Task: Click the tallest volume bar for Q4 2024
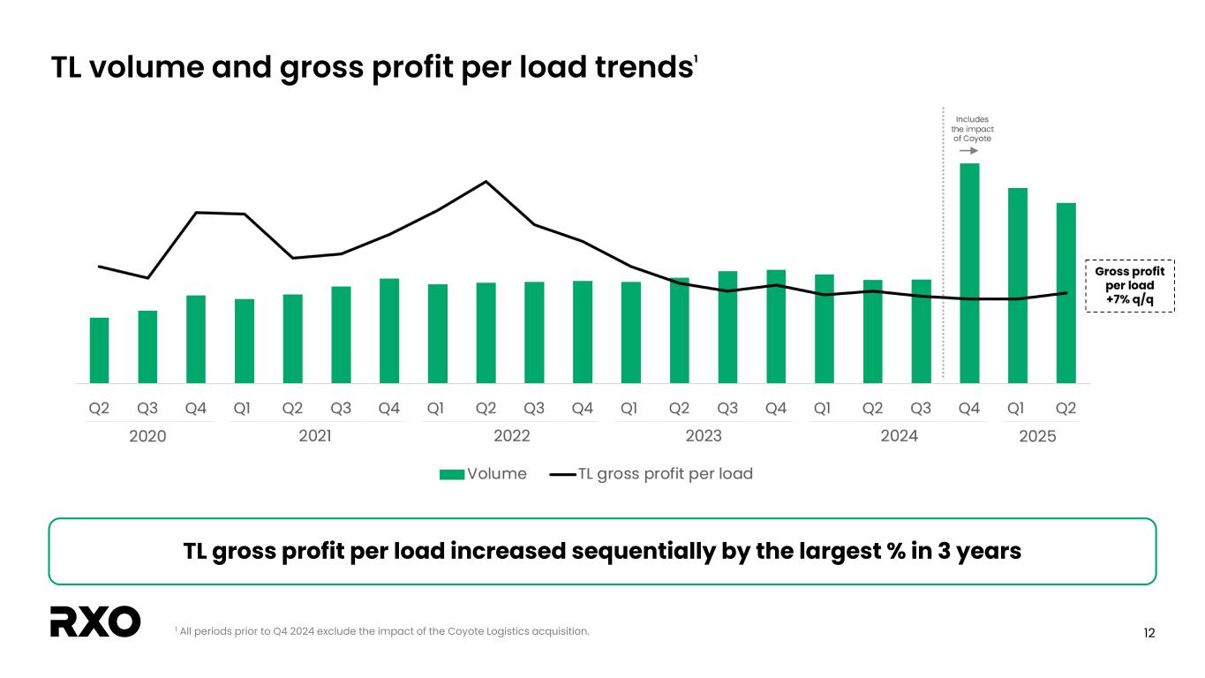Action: (x=969, y=273)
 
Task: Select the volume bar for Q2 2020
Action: (x=99, y=350)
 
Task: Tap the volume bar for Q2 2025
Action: (x=1066, y=293)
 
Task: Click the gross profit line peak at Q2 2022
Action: (x=486, y=182)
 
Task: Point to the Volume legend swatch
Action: (x=452, y=474)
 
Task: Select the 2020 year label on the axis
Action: (x=147, y=436)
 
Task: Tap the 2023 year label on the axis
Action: (x=704, y=436)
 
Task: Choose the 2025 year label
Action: (x=1037, y=436)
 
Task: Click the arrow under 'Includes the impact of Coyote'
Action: (x=968, y=151)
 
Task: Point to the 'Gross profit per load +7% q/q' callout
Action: (x=1129, y=286)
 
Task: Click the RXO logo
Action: (x=95, y=621)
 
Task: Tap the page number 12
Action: (x=1149, y=632)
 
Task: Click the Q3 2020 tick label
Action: (x=147, y=409)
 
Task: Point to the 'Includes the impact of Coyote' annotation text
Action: (x=972, y=129)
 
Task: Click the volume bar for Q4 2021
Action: (x=389, y=331)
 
